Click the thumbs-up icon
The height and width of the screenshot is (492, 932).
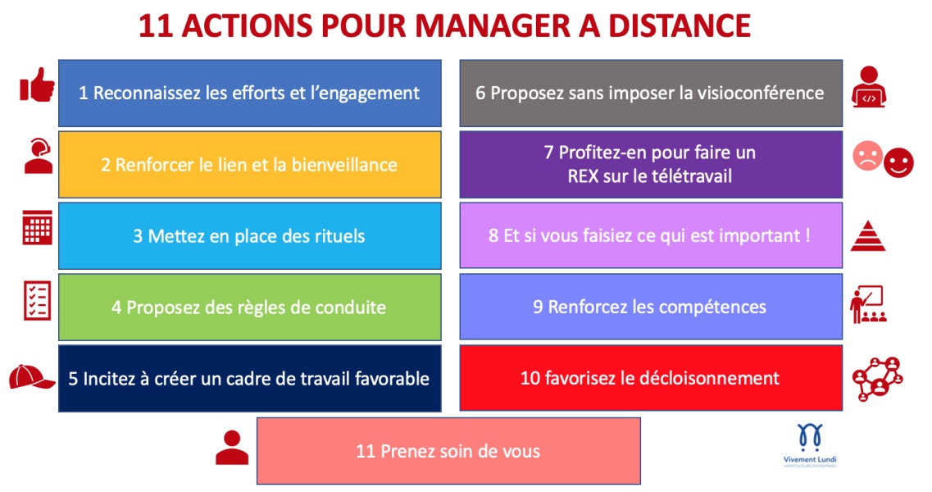(x=38, y=85)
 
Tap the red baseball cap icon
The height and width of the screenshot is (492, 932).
(x=31, y=376)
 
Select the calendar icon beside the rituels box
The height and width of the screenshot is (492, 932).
(x=38, y=227)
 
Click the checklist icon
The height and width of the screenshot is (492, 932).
(x=37, y=300)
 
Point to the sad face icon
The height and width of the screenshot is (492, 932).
(x=867, y=155)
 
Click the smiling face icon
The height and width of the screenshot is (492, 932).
(x=898, y=162)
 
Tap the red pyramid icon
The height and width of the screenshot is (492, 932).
(x=868, y=235)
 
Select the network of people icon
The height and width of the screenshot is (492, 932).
(x=877, y=378)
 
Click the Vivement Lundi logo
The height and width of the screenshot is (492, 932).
(x=810, y=445)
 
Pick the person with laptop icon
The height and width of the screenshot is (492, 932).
(x=868, y=87)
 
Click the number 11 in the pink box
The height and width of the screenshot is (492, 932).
(x=365, y=452)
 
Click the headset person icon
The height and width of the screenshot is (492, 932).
(x=38, y=156)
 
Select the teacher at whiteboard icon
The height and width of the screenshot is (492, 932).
(x=868, y=304)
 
